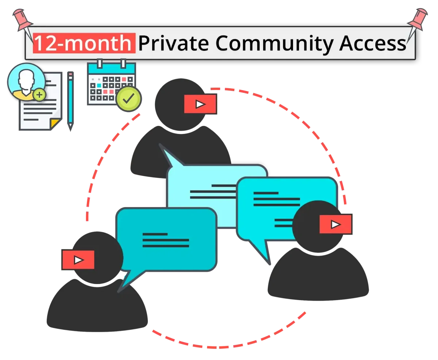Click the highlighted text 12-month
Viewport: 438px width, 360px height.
(x=84, y=43)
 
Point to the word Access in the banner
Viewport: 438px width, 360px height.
(x=372, y=43)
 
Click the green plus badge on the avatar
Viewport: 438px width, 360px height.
(x=39, y=95)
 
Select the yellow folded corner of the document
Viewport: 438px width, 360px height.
(x=55, y=123)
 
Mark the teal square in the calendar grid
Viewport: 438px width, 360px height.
(x=99, y=85)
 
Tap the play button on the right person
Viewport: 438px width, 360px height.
(x=335, y=224)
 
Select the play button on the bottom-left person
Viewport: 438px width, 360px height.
(x=78, y=260)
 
